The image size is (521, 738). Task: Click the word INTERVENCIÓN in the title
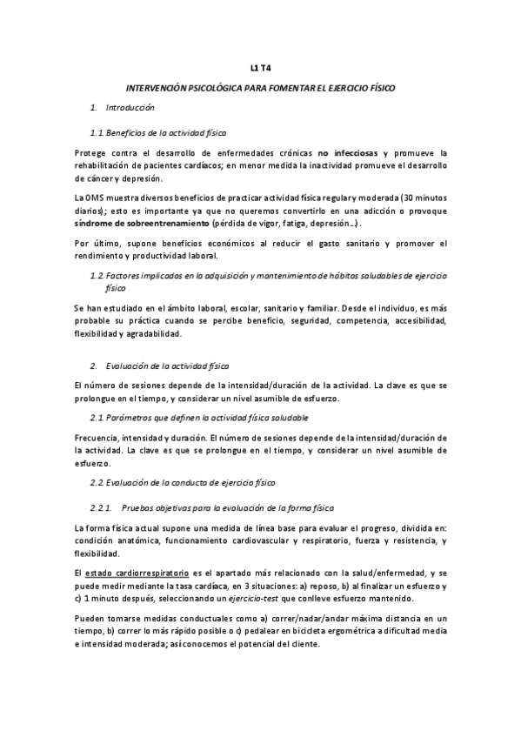pos(157,87)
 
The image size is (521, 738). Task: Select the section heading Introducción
pos(130,108)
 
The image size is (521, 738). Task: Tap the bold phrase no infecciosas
pos(348,152)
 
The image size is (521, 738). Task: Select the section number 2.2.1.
pos(101,507)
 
